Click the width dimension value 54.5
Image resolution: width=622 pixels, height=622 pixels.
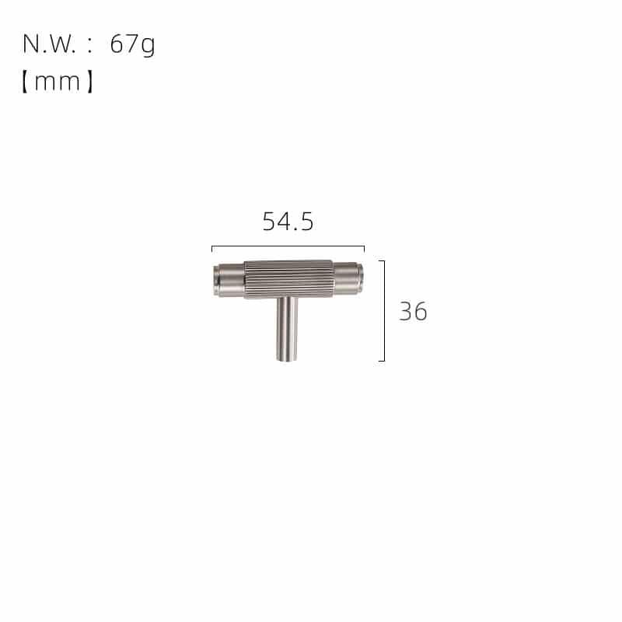pyautogui.click(x=288, y=222)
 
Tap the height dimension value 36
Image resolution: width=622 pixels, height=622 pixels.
pyautogui.click(x=413, y=312)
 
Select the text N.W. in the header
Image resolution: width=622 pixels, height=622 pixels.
pyautogui.click(x=50, y=44)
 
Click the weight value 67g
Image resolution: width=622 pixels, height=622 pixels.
pyautogui.click(x=132, y=44)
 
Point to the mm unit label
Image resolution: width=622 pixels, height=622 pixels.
pyautogui.click(x=58, y=81)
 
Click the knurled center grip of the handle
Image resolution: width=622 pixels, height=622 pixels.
pyautogui.click(x=288, y=278)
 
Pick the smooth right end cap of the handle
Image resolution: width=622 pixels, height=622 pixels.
pyautogui.click(x=348, y=280)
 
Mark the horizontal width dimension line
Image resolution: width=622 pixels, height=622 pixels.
pyautogui.click(x=288, y=246)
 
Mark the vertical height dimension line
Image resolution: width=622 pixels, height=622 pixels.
pyautogui.click(x=384, y=311)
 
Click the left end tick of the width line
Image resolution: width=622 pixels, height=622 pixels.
pyautogui.click(x=212, y=249)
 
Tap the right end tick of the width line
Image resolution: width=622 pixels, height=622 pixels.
pyautogui.click(x=363, y=249)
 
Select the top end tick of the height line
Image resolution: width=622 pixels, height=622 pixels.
pyautogui.click(x=382, y=261)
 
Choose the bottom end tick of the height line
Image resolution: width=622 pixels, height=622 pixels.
pyautogui.click(x=382, y=361)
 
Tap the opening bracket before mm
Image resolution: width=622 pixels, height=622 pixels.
pyautogui.click(x=25, y=81)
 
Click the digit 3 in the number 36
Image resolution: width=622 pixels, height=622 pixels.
pyautogui.click(x=406, y=312)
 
